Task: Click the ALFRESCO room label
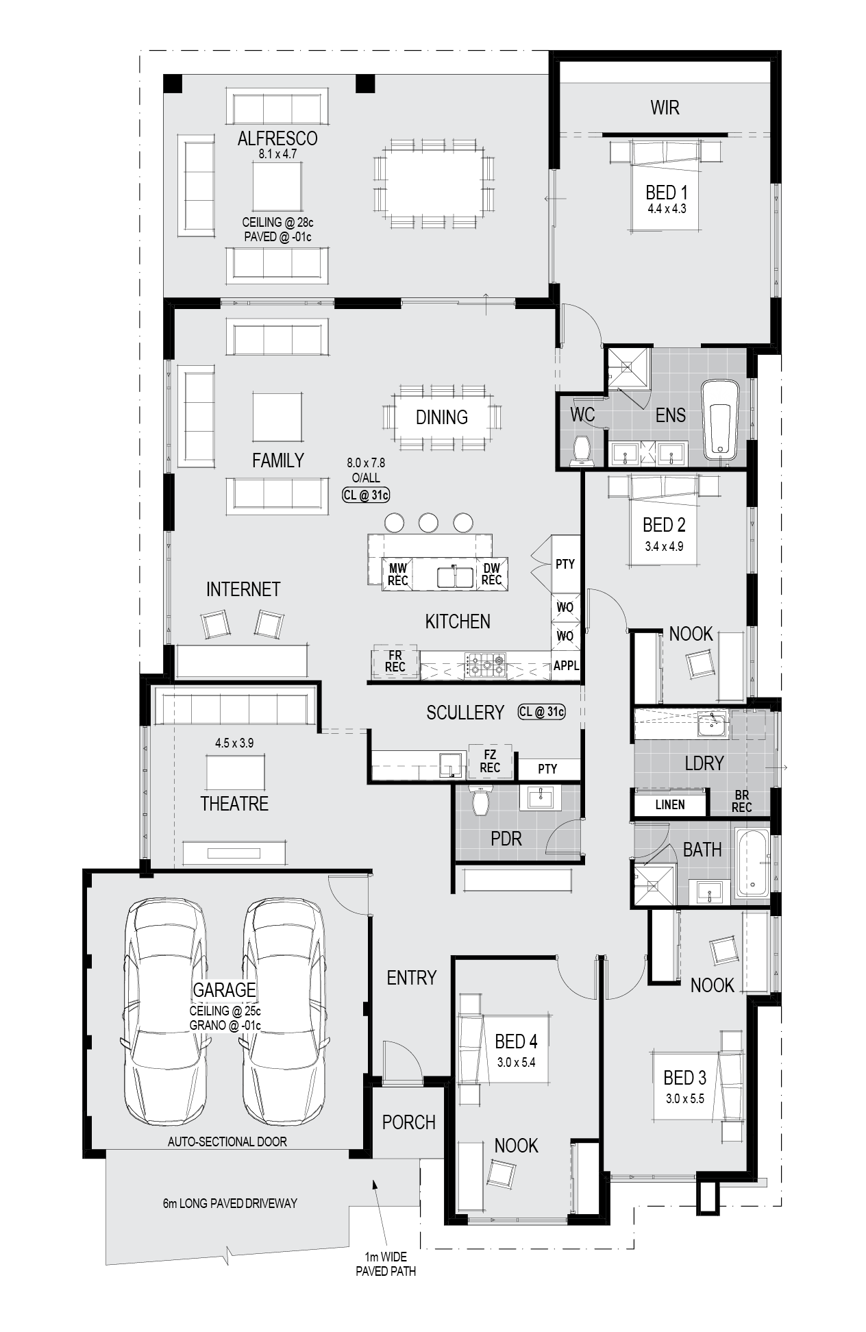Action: click(277, 138)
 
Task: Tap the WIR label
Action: click(665, 108)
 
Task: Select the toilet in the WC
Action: click(582, 449)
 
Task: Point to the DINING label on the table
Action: click(442, 417)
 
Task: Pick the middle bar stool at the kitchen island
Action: click(428, 522)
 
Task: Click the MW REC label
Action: click(398, 574)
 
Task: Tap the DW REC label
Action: click(491, 574)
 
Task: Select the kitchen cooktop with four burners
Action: click(486, 665)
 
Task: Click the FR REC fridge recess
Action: click(395, 661)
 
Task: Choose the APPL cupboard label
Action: click(567, 665)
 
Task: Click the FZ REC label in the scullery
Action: click(490, 761)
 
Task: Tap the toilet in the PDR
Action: click(481, 799)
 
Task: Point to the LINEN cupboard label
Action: click(670, 804)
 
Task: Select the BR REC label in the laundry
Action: click(741, 802)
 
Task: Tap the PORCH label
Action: click(409, 1122)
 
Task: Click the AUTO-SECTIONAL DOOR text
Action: click(227, 1142)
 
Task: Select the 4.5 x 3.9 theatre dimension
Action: click(234, 743)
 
